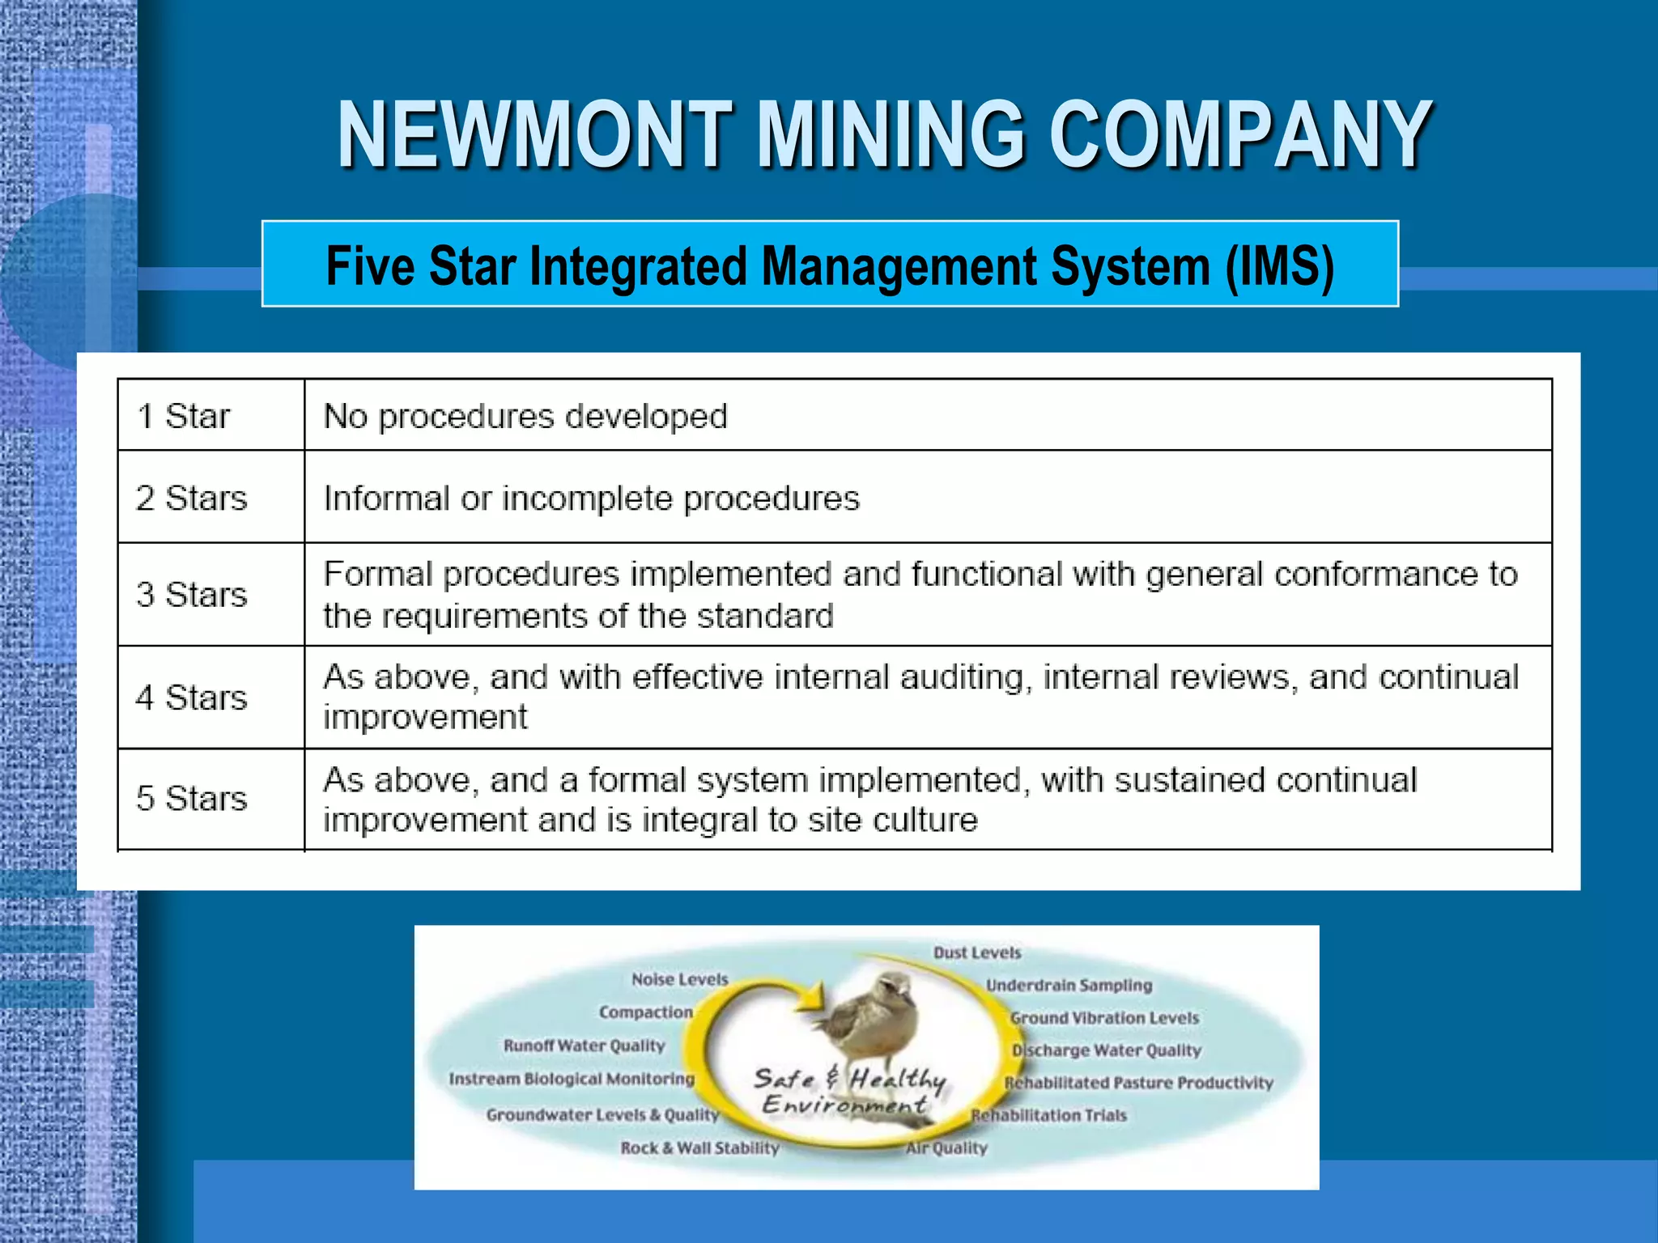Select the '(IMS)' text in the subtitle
(x=1279, y=265)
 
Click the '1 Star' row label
(x=184, y=417)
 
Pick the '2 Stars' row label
(x=191, y=498)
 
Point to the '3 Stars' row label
(x=191, y=595)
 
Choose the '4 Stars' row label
(x=191, y=698)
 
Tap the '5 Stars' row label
(x=191, y=799)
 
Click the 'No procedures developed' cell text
(x=525, y=417)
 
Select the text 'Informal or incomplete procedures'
(x=591, y=498)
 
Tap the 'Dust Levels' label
(x=977, y=952)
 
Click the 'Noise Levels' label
(x=680, y=979)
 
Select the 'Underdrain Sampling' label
(x=1069, y=985)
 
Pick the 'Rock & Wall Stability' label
(x=699, y=1148)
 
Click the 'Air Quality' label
(x=947, y=1148)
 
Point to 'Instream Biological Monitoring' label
(x=572, y=1079)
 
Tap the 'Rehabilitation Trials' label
(x=1049, y=1115)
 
